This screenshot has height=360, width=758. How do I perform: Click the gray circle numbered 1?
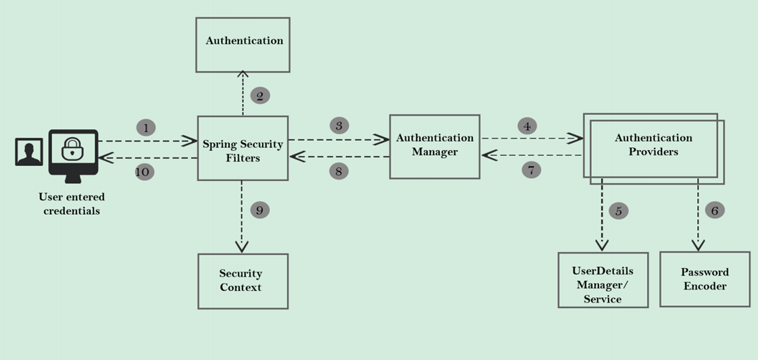pyautogui.click(x=146, y=127)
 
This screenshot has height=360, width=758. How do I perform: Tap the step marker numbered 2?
pyautogui.click(x=259, y=95)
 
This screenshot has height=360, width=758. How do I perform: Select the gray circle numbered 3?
pyautogui.click(x=339, y=125)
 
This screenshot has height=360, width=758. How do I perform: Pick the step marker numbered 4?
pyautogui.click(x=528, y=126)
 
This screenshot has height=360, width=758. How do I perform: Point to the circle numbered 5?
pyautogui.click(x=618, y=211)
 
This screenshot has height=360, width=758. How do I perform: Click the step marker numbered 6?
pyautogui.click(x=715, y=210)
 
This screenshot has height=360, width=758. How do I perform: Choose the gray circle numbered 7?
pyautogui.click(x=532, y=170)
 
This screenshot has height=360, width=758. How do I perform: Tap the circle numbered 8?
pyautogui.click(x=338, y=171)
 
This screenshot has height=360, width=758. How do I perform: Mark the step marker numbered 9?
pyautogui.click(x=259, y=210)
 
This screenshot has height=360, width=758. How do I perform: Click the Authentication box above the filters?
pyautogui.click(x=243, y=45)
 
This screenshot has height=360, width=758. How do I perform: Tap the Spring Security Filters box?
pyautogui.click(x=243, y=148)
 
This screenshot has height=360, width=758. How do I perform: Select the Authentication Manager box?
pyautogui.click(x=434, y=146)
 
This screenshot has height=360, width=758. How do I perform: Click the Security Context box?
pyautogui.click(x=243, y=281)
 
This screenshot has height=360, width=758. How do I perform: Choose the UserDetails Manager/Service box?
pyautogui.click(x=603, y=280)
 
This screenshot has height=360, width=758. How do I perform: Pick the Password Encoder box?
pyautogui.click(x=705, y=279)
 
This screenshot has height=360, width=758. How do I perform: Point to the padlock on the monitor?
pyautogui.click(x=72, y=148)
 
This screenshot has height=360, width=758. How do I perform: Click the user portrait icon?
pyautogui.click(x=29, y=152)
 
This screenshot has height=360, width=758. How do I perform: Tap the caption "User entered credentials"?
pyautogui.click(x=72, y=204)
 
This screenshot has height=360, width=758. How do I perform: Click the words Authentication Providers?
pyautogui.click(x=653, y=145)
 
